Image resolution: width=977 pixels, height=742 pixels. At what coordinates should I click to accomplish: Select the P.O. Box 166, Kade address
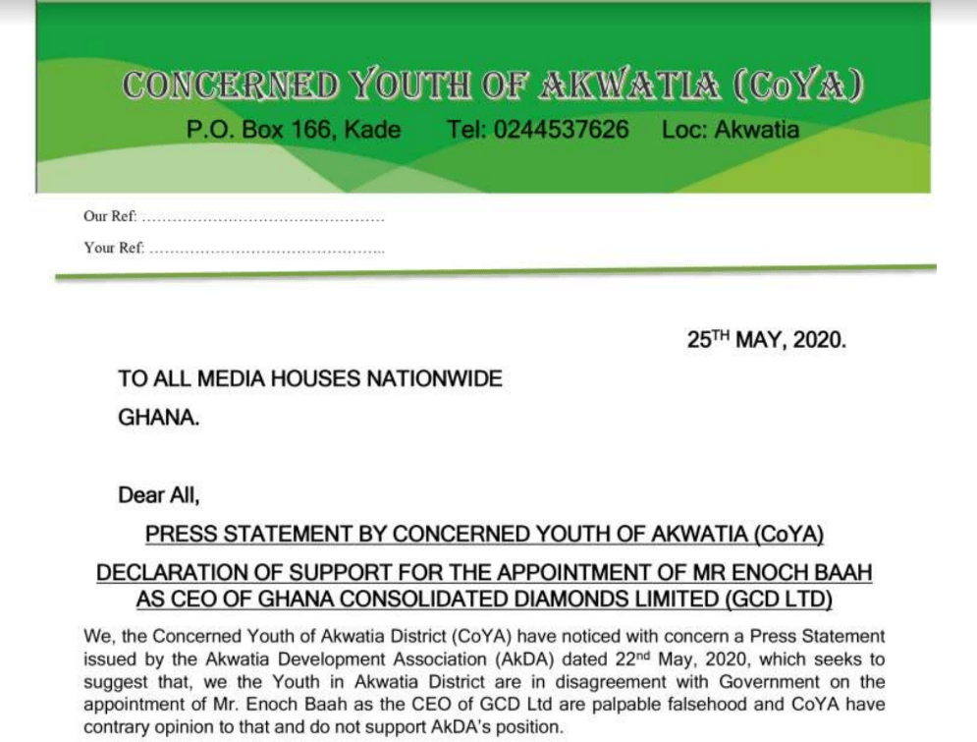click(294, 130)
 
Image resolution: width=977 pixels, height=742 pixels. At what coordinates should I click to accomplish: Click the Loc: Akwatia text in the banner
click(731, 130)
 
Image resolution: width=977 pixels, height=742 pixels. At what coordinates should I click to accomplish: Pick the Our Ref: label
click(110, 216)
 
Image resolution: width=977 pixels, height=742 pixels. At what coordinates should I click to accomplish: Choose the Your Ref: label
click(114, 248)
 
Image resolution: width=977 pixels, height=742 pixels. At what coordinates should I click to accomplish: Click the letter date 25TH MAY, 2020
click(766, 341)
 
